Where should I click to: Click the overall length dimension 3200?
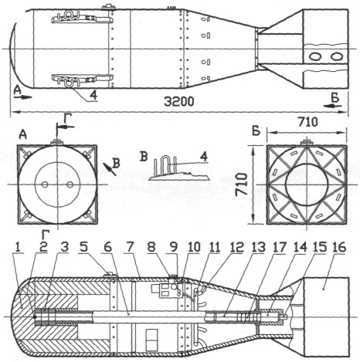[x=179, y=102]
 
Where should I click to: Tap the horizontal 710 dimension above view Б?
[x=307, y=123]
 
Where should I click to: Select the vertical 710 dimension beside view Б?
[x=242, y=184]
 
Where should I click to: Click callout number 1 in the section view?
[x=18, y=248]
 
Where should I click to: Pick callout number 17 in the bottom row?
[x=279, y=248]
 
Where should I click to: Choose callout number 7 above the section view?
[x=130, y=248]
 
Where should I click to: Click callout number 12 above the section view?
[x=236, y=248]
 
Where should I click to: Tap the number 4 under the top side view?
[x=93, y=96]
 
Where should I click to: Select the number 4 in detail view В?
[x=204, y=157]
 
